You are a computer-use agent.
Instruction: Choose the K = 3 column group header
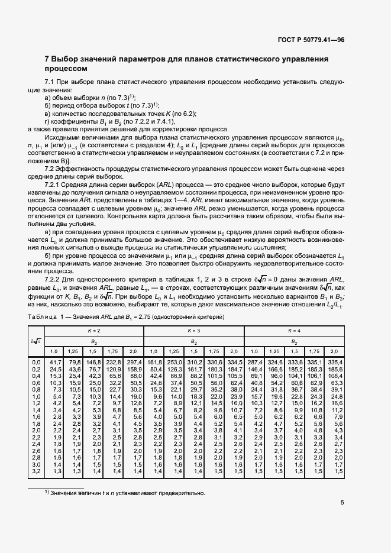(193, 329)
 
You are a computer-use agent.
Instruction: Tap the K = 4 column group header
(294, 329)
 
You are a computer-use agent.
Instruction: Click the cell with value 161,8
(154, 361)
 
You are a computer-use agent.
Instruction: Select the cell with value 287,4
(254, 361)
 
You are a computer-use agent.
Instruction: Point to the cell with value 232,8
(114, 361)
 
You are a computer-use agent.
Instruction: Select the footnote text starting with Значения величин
(125, 493)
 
